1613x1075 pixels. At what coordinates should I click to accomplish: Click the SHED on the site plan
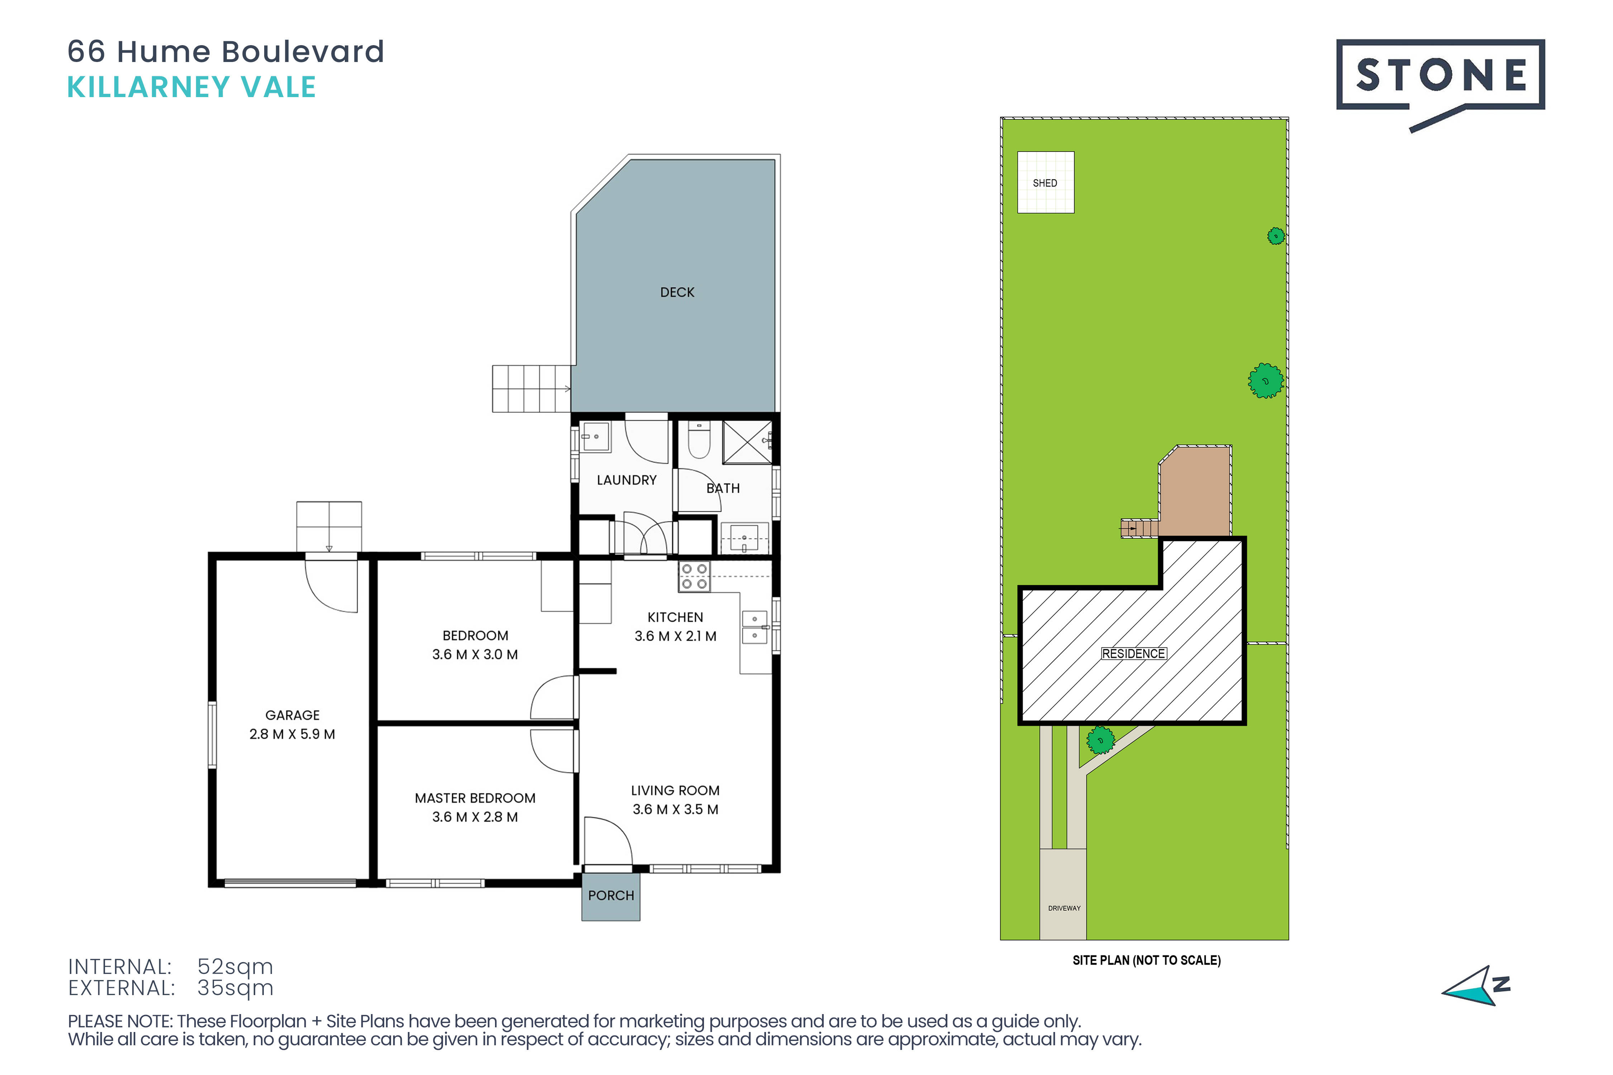(1045, 182)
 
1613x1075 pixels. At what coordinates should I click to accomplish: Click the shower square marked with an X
(747, 442)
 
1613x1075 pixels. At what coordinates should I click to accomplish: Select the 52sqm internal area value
(235, 967)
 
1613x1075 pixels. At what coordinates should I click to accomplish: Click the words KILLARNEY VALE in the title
(191, 87)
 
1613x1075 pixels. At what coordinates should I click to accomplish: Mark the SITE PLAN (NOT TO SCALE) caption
(1147, 960)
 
